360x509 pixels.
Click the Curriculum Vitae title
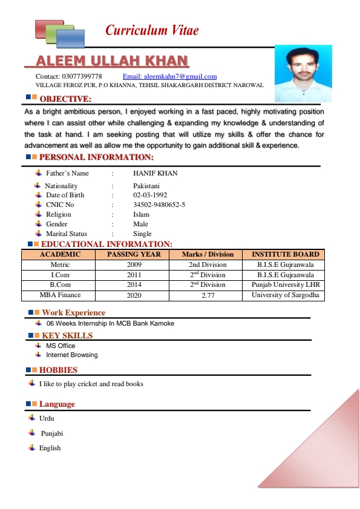(x=152, y=30)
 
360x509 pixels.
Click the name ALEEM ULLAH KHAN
(x=112, y=61)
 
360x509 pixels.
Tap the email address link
(x=169, y=76)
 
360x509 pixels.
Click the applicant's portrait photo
(x=303, y=73)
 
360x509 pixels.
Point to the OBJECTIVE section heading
(x=65, y=99)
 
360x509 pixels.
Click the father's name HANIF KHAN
(x=155, y=173)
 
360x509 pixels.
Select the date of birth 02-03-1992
(x=150, y=195)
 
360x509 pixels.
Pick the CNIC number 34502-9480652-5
(x=159, y=205)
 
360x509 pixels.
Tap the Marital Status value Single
(x=142, y=234)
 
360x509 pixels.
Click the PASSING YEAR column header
(x=134, y=254)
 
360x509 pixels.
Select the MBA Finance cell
(x=60, y=295)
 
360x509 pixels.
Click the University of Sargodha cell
(x=287, y=295)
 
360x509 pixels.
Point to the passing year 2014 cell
(x=134, y=284)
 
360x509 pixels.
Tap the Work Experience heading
(x=73, y=313)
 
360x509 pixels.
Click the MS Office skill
(x=61, y=346)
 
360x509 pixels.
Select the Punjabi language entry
(x=52, y=433)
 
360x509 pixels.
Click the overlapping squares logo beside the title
(x=59, y=33)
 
